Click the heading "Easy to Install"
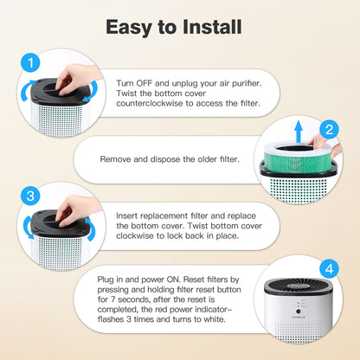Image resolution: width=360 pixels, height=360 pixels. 179,26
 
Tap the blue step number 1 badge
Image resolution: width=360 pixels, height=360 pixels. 30,62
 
